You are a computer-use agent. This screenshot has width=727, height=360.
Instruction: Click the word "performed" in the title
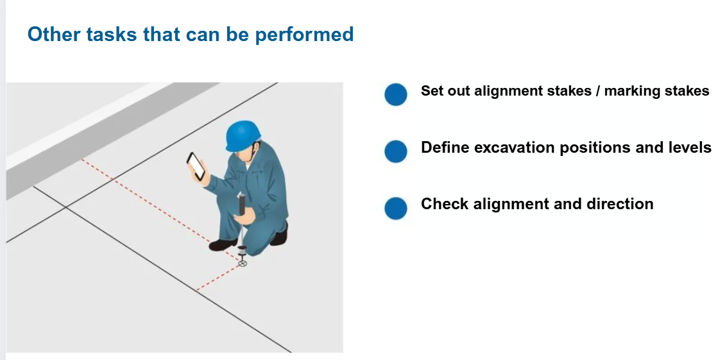point(304,35)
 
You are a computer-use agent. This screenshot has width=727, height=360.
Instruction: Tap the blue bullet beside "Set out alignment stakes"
point(395,94)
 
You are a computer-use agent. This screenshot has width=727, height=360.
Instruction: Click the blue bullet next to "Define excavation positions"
point(395,151)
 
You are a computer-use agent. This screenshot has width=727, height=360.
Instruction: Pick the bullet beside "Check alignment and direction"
point(395,208)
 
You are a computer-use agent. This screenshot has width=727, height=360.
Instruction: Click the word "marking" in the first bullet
point(633,91)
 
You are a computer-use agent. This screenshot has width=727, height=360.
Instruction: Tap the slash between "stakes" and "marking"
point(599,91)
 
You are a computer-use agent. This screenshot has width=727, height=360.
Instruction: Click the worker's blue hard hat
point(243,135)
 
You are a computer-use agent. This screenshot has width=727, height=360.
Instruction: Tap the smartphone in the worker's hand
point(196,166)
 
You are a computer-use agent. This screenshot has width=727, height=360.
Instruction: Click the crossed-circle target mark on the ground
point(242,264)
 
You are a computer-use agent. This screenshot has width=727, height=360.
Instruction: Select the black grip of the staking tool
point(241,205)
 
